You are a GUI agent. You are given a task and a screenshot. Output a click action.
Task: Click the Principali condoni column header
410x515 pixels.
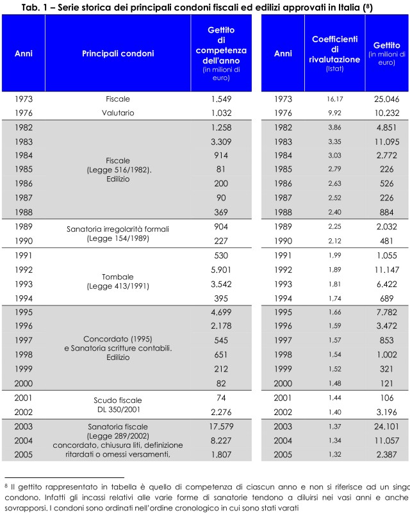118,54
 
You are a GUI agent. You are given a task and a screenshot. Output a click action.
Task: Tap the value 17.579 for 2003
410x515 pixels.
221,427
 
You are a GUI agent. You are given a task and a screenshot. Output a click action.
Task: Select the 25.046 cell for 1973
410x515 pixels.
387,99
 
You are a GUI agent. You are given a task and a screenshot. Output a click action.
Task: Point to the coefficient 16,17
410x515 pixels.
335,99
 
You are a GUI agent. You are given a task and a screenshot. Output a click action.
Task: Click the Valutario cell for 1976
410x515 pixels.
118,113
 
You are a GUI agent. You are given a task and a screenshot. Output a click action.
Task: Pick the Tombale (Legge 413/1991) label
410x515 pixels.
118,281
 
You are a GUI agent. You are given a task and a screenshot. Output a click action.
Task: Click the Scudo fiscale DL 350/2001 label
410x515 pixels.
118,405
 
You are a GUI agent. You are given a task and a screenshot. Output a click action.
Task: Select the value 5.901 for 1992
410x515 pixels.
221,270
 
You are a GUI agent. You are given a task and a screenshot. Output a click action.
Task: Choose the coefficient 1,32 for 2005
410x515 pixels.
335,455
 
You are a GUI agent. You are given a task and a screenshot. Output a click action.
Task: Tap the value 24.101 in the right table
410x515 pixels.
387,427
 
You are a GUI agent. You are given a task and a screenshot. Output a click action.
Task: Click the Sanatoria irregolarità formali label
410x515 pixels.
118,229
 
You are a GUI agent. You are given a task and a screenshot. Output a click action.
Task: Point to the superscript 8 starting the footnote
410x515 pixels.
6,486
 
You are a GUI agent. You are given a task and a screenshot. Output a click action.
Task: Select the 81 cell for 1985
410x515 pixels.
221,169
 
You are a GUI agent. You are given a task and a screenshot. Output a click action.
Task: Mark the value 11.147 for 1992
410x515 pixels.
387,270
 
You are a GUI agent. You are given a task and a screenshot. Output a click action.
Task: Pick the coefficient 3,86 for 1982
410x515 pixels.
335,127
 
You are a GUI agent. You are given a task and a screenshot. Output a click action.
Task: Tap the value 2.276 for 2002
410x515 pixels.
221,413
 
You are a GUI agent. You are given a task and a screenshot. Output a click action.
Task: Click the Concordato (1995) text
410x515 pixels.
118,339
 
